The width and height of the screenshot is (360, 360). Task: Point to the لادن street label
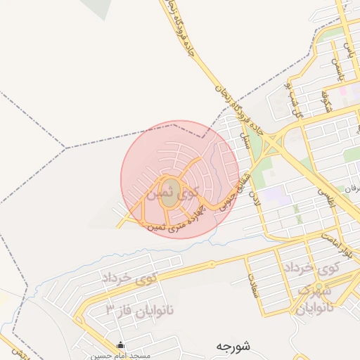(257, 190)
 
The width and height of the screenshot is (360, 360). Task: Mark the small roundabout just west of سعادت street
(212, 264)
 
